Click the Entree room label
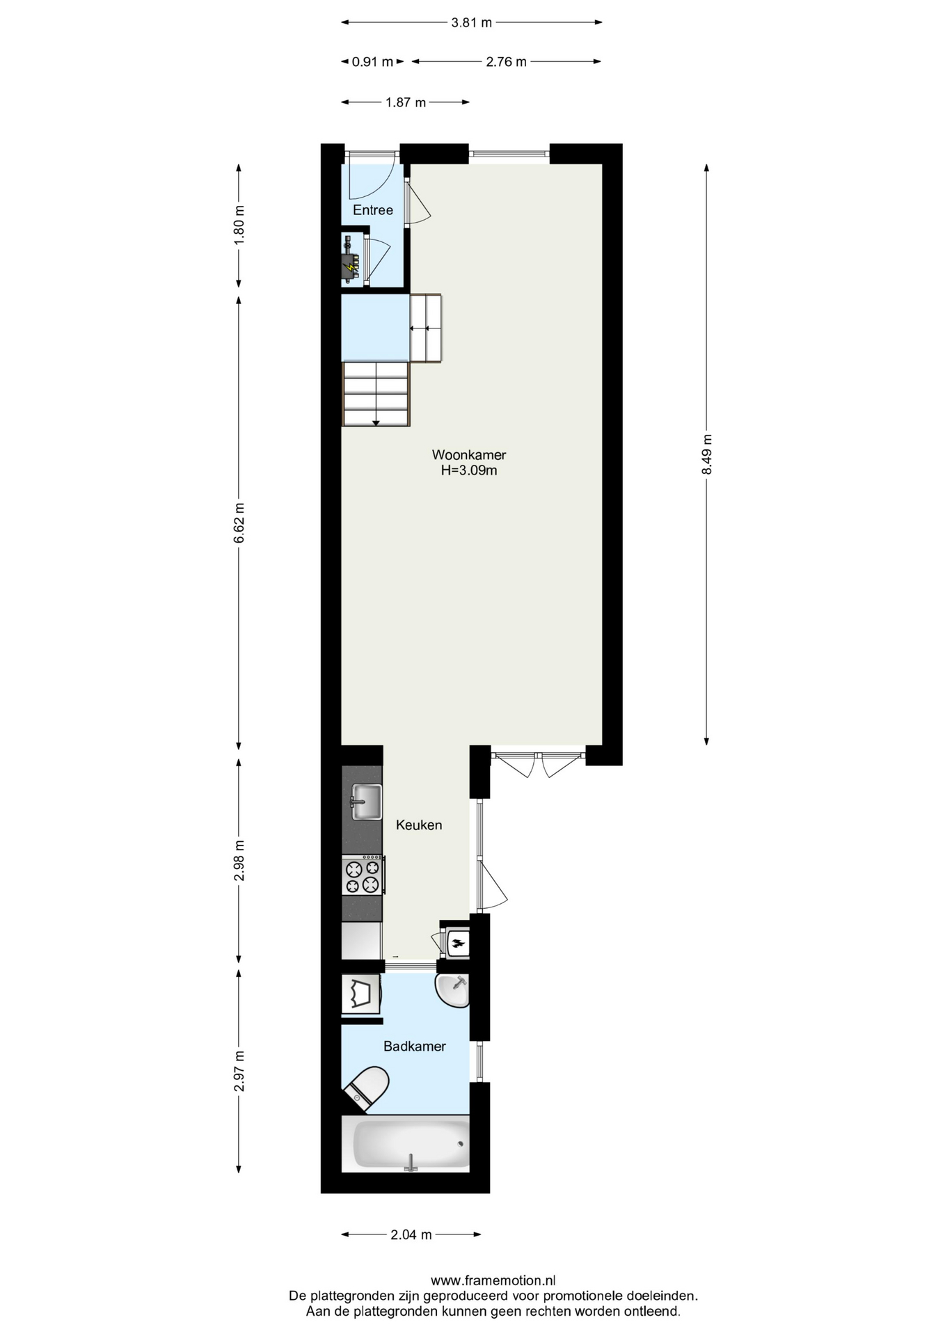pyautogui.click(x=373, y=210)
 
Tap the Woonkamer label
pyautogui.click(x=469, y=455)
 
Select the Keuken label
pyautogui.click(x=419, y=825)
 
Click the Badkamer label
pyautogui.click(x=415, y=1047)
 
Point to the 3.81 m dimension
pyautogui.click(x=472, y=22)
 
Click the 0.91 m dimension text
pyautogui.click(x=372, y=62)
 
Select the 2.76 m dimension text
pyautogui.click(x=507, y=62)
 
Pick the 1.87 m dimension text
pyautogui.click(x=406, y=103)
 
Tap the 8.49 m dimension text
pyautogui.click(x=707, y=454)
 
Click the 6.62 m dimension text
pyautogui.click(x=239, y=523)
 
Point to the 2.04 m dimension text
pyautogui.click(x=411, y=1235)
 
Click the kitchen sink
pyautogui.click(x=367, y=802)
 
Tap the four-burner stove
pyautogui.click(x=363, y=875)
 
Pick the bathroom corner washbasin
pyautogui.click(x=453, y=990)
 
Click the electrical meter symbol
pyautogui.click(x=351, y=260)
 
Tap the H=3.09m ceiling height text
pyautogui.click(x=469, y=471)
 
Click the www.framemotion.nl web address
pyautogui.click(x=493, y=1280)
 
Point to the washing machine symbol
pyautogui.click(x=361, y=994)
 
